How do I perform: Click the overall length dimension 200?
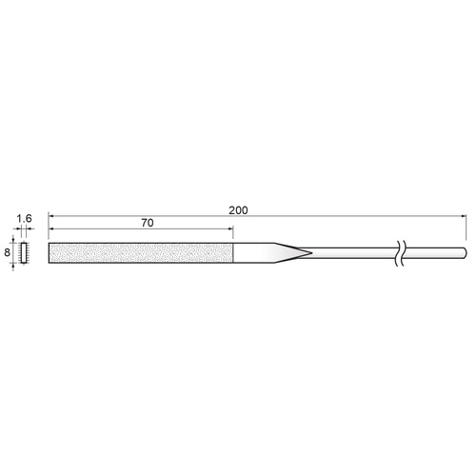click(238, 210)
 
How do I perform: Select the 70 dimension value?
click(148, 223)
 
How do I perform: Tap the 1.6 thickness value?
click(25, 219)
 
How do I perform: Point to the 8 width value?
click(7, 252)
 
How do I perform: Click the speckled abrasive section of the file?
click(141, 253)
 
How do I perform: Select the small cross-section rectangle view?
click(24, 252)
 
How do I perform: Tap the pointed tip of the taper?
click(311, 253)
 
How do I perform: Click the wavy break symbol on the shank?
click(400, 253)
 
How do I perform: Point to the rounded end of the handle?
click(465, 253)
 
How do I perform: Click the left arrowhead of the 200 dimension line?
click(50, 216)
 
